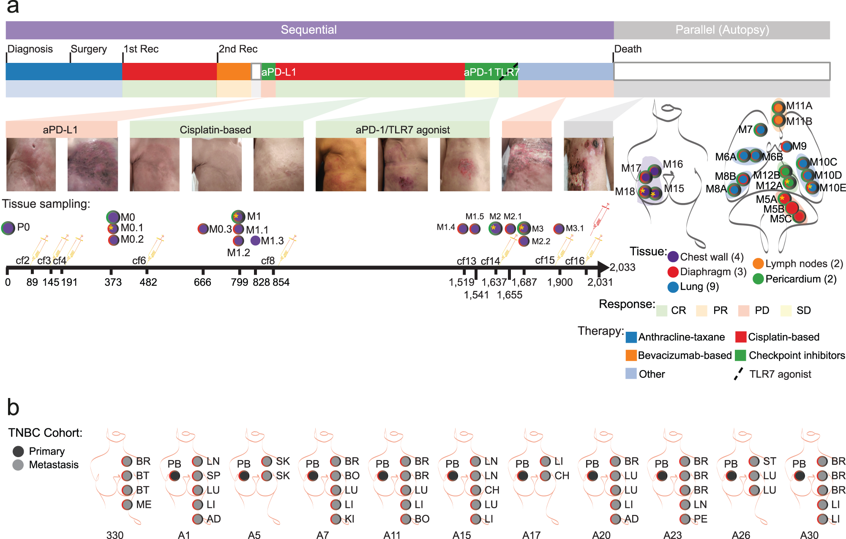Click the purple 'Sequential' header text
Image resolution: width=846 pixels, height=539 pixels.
coord(308,30)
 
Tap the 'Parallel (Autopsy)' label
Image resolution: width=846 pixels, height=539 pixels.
coord(722,30)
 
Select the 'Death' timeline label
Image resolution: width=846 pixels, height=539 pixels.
coord(628,49)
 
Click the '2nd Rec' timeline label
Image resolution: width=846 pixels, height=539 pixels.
coord(238,49)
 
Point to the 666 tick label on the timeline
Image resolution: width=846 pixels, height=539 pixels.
coord(202,282)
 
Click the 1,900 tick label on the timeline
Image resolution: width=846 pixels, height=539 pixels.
coord(560,282)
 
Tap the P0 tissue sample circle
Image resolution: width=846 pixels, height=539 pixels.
coord(8,228)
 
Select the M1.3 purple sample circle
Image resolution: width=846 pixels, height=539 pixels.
coord(255,241)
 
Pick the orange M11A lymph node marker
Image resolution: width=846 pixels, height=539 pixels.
coord(778,107)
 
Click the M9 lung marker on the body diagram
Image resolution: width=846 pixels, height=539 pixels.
coord(786,146)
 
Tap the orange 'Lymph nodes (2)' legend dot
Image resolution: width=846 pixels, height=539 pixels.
coord(758,264)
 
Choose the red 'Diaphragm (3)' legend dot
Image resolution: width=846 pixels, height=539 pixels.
coord(673,272)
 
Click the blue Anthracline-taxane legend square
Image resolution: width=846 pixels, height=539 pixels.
coord(631,337)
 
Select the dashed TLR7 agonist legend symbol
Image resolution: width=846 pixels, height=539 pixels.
coord(738,374)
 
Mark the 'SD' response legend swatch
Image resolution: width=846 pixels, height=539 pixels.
coord(786,311)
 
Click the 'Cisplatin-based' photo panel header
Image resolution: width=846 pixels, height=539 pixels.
coord(216,130)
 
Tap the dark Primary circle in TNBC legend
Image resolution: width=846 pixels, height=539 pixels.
coord(18,452)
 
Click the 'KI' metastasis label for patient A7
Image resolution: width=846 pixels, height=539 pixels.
coord(349,519)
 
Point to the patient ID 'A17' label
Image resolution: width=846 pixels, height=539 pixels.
coord(531,535)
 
